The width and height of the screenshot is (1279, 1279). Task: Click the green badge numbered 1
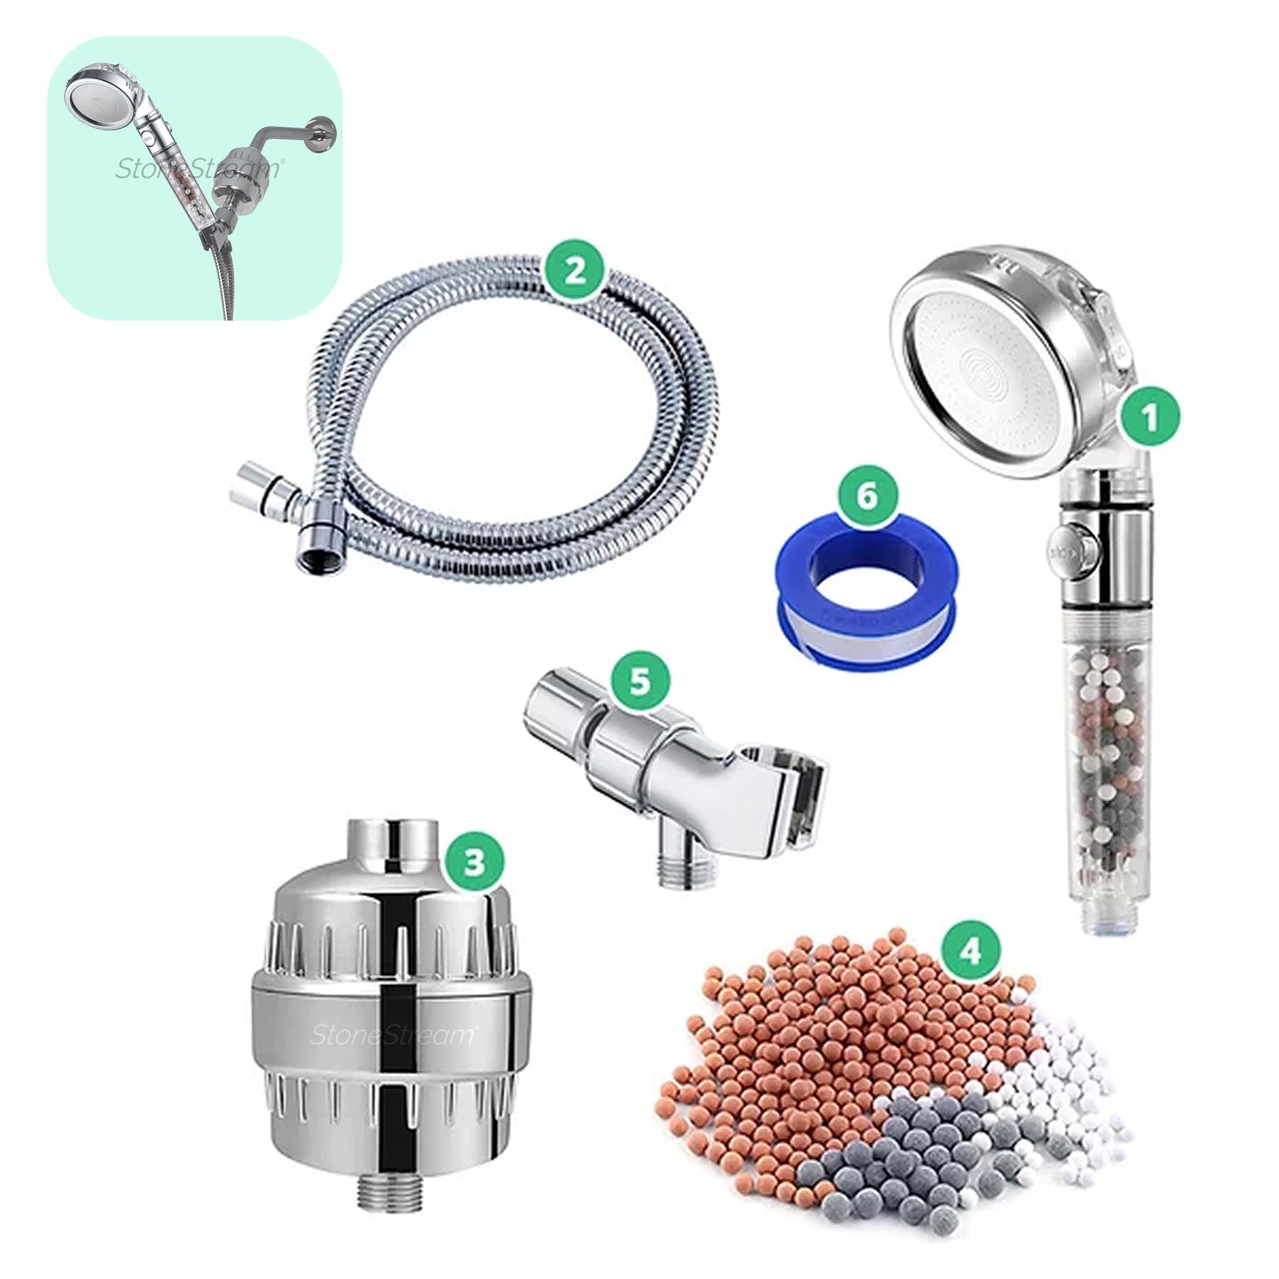[1150, 418]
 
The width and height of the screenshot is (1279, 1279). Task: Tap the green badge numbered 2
[575, 270]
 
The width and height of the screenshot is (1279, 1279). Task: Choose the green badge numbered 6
[867, 495]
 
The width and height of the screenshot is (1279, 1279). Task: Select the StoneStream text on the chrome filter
[393, 1035]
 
